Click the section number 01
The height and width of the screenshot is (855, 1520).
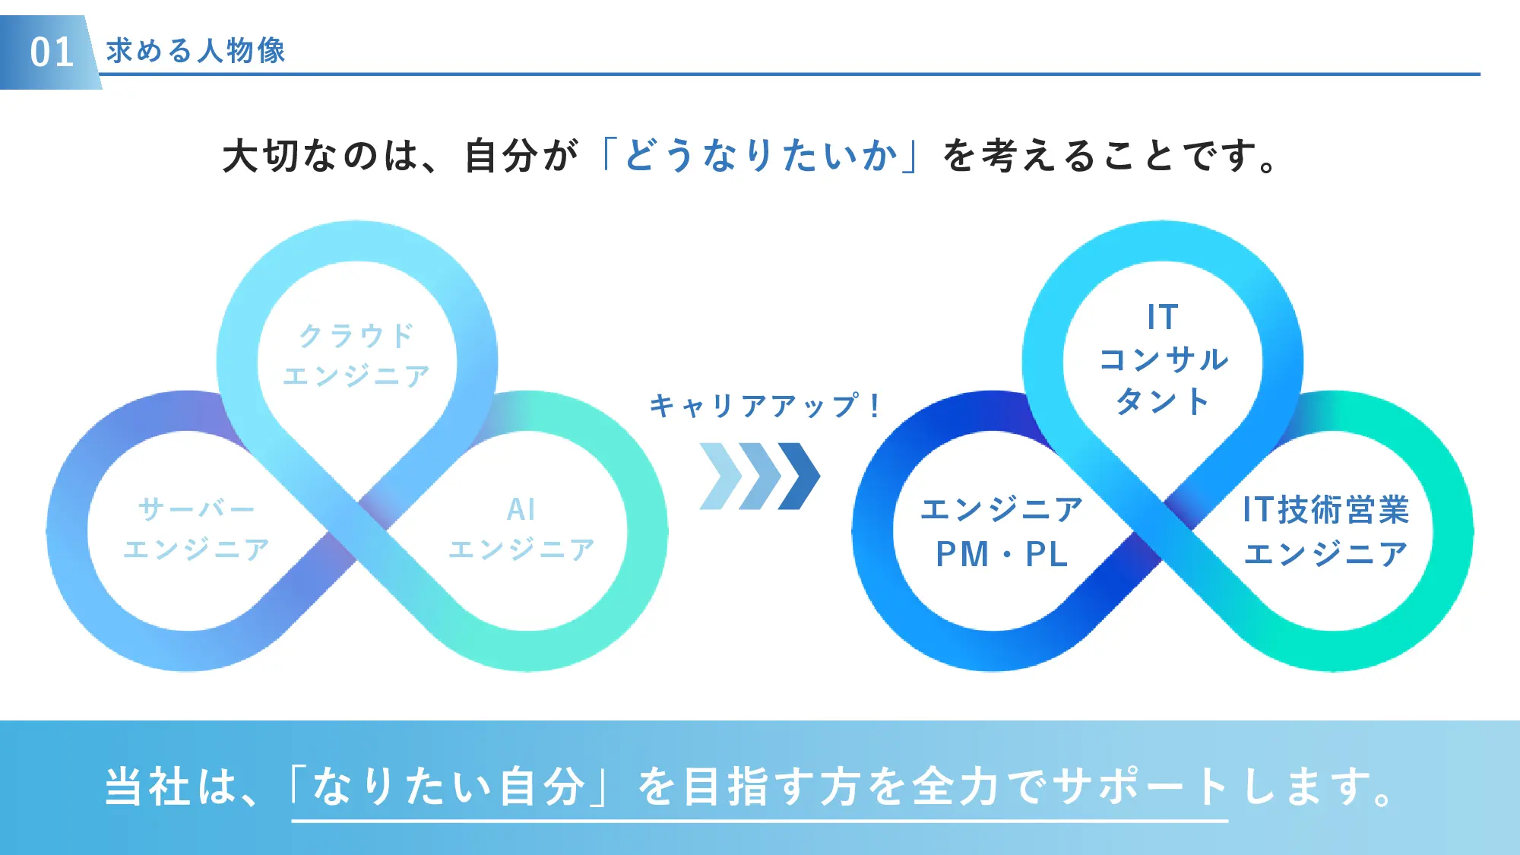coord(51,52)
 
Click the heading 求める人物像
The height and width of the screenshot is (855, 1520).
coord(195,51)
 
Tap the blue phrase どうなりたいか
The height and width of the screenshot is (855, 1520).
coord(760,155)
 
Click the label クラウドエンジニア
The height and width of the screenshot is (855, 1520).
coord(356,355)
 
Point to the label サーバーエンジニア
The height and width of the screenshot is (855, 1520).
coord(196,528)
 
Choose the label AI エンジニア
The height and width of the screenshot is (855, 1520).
coord(521,528)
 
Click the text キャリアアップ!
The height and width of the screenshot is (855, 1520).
coord(765,405)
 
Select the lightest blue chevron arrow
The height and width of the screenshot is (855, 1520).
coord(719,477)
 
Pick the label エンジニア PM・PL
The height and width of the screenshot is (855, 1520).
coord(1002,531)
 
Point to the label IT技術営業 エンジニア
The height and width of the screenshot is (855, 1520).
coord(1325,531)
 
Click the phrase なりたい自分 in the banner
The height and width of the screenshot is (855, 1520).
coord(448,786)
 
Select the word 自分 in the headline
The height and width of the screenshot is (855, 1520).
coord(502,156)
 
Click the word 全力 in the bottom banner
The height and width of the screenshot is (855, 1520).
coord(956,786)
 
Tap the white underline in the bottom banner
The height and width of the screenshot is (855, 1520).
coord(760,821)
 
